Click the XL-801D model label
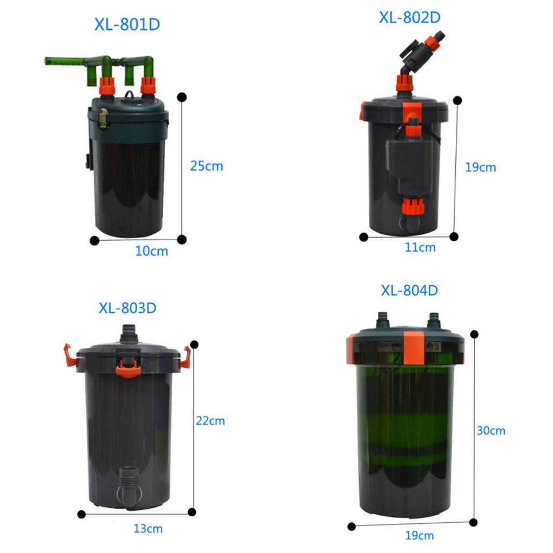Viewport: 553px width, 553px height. point(127,24)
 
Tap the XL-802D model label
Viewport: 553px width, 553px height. point(409,18)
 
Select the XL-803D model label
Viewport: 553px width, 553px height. point(127,308)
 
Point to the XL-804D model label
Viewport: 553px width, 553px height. point(409,290)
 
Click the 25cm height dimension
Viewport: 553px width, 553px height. point(207,166)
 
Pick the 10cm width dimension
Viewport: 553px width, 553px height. point(152,251)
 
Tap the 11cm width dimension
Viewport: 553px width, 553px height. point(420,247)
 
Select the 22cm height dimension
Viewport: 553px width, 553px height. point(210,421)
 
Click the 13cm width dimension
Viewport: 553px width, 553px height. point(148,528)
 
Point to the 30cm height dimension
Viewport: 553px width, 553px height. point(491,430)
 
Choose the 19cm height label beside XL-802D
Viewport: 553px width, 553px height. point(480,167)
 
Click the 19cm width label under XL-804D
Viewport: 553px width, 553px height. point(419,535)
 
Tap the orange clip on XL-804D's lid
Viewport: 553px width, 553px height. point(413,348)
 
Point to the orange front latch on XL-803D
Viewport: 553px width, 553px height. point(129,369)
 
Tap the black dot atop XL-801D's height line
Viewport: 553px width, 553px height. point(181,97)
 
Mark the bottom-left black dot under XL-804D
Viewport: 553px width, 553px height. point(351,527)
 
